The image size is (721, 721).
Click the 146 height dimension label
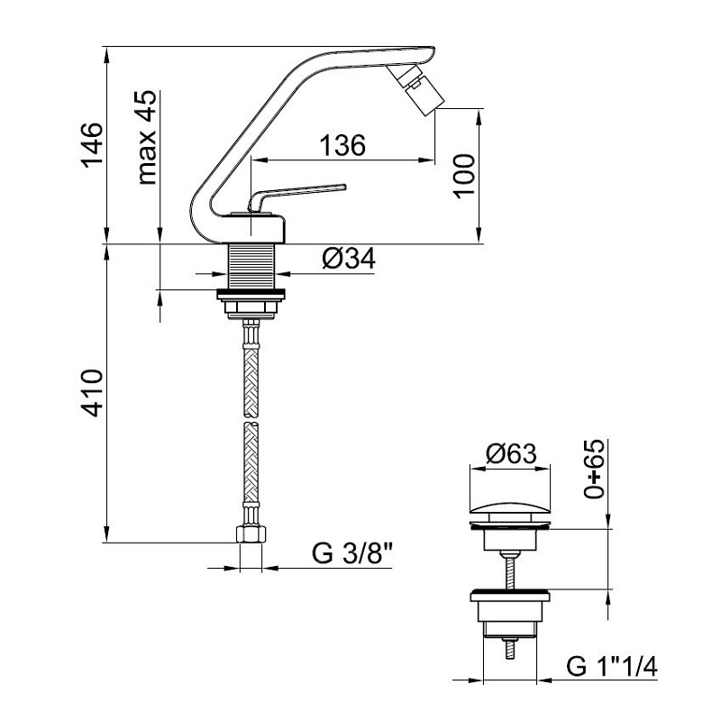click(x=92, y=144)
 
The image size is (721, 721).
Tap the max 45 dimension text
click(x=147, y=138)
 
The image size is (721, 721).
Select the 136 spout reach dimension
click(x=342, y=145)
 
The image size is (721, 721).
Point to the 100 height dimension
click(x=463, y=176)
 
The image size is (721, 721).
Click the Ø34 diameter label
click(x=349, y=258)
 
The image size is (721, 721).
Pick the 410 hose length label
click(x=92, y=393)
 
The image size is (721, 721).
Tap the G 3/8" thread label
click(x=352, y=553)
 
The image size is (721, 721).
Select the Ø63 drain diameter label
click(x=511, y=453)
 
